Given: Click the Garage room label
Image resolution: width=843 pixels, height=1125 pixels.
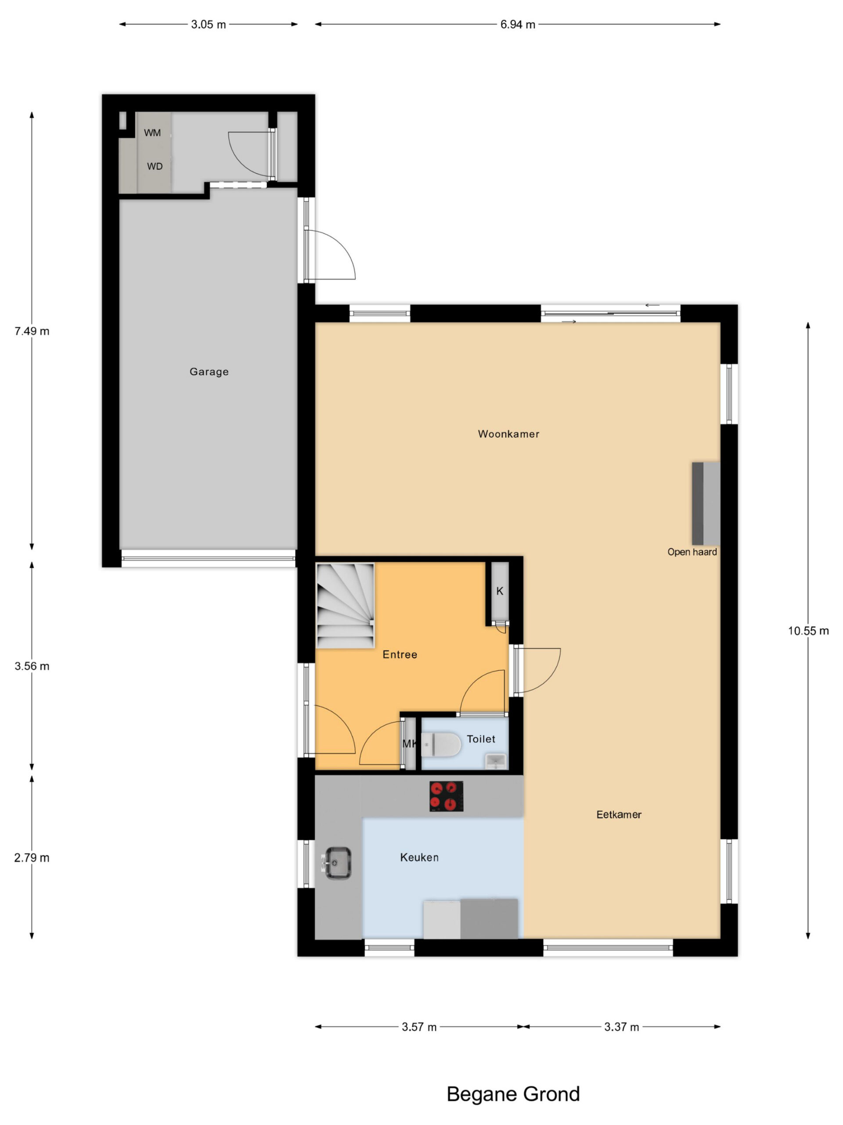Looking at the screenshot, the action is pos(209,372).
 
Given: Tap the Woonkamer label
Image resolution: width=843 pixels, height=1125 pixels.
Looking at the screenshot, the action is pos(508,434).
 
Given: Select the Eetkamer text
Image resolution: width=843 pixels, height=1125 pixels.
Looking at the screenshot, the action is pos(618,814).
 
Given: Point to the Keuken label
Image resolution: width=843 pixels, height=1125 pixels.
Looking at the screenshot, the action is pos(419,857).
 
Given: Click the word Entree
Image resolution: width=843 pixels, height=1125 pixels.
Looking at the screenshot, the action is pos(400,654).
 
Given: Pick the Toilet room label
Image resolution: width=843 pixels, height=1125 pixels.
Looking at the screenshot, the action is pos(481,739).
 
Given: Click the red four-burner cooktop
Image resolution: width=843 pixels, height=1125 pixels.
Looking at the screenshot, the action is pos(446,796).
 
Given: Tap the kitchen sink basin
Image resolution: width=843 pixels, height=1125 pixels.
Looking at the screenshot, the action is pos(337,863).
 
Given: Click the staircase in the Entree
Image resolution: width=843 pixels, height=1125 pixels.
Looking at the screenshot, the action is pos(346,605).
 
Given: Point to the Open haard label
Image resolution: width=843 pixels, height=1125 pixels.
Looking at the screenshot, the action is pos(692,552).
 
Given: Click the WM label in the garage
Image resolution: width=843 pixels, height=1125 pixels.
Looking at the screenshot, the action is pos(152,133).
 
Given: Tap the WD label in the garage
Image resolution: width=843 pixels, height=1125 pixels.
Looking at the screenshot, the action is pos(155,166).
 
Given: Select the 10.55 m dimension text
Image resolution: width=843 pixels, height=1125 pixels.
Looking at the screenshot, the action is pos(808,631).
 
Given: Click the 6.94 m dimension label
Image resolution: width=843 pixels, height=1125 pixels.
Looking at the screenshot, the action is pos(517,25).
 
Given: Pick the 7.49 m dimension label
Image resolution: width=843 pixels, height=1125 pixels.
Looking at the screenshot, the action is pos(32,331).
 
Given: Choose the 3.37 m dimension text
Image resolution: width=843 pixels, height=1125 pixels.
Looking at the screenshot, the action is pos(621,1027).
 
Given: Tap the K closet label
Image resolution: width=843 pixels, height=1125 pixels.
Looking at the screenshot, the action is pos(500,591).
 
